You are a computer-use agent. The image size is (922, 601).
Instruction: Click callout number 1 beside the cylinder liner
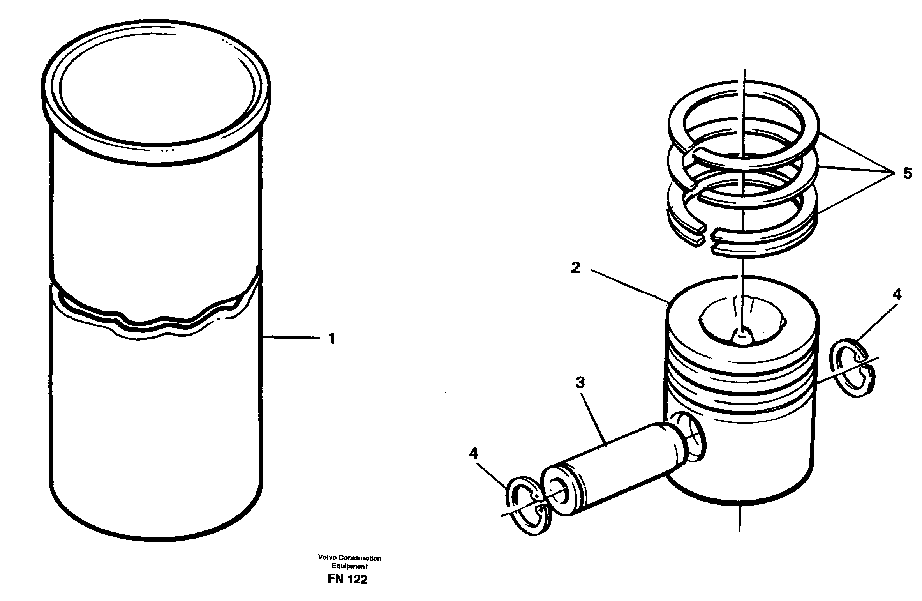click(x=331, y=339)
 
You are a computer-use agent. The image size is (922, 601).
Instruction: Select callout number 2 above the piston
click(x=576, y=269)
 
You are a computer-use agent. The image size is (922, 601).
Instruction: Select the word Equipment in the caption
click(x=349, y=566)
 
